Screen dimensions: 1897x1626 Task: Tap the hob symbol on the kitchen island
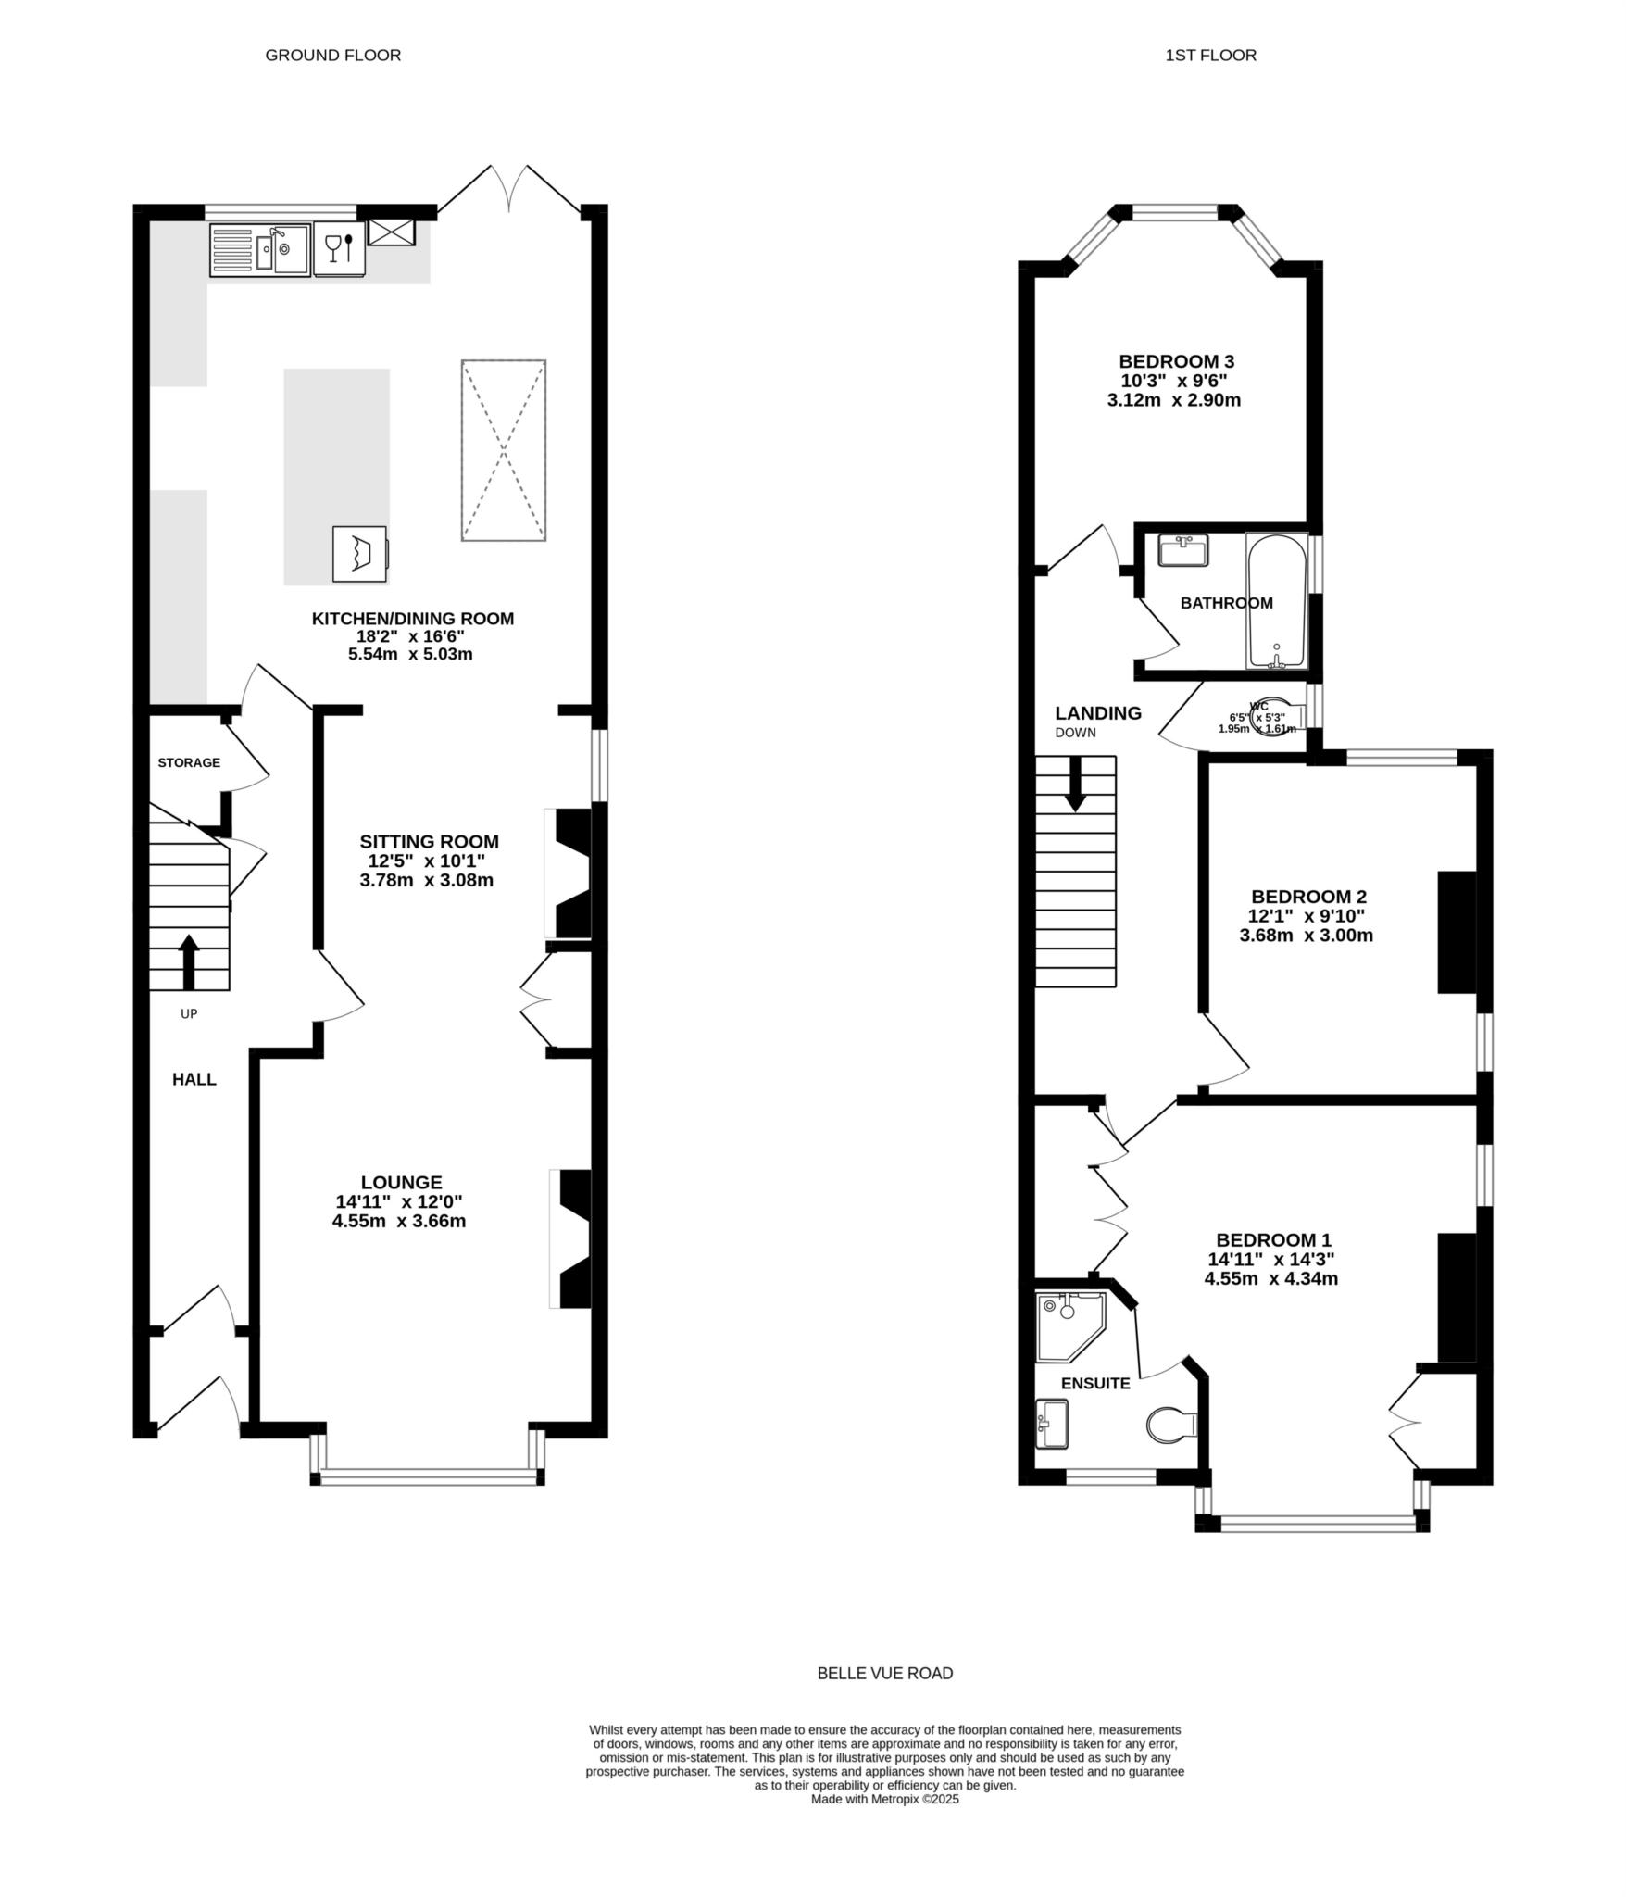coord(359,554)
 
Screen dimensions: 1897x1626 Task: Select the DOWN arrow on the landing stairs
coord(1075,784)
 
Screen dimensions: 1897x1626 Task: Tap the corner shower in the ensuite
coord(1068,1324)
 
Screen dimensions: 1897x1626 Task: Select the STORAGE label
coord(189,762)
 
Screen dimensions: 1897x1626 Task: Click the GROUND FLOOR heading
coord(332,55)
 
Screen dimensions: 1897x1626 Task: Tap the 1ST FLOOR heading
coord(1210,55)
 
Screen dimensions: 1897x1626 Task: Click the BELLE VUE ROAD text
coord(884,1673)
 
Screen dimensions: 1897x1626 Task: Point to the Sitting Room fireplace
coord(571,873)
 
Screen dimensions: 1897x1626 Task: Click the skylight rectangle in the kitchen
coord(503,450)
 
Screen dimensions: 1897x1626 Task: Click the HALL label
coord(194,1079)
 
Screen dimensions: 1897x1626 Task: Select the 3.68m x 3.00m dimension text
coord(1306,936)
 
